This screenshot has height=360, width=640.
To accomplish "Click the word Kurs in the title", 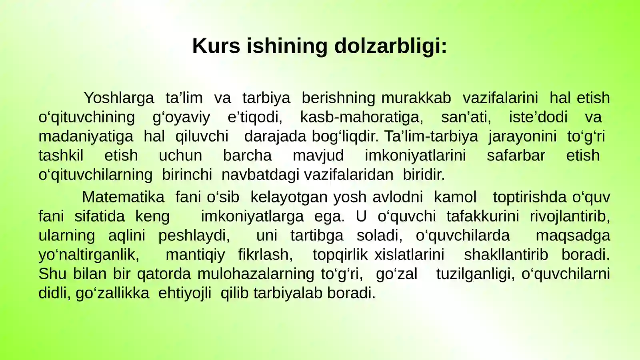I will point(216,46).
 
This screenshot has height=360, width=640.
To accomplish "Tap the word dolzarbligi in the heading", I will point(390,46).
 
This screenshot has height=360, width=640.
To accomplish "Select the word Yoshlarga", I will point(119,98).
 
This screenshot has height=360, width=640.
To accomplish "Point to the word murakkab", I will point(416,98).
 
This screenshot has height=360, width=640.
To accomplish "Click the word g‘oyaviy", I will point(181,117).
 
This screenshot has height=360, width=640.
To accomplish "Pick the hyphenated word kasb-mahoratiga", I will point(362,117).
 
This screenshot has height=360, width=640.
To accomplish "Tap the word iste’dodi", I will point(538,117).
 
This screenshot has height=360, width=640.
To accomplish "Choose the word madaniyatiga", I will point(86,136).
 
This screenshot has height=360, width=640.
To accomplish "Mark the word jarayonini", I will point(522,136).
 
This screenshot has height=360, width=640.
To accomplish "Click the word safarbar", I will point(516,156).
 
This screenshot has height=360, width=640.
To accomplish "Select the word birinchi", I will point(187,175).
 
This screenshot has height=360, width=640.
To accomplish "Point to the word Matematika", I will point(123,197).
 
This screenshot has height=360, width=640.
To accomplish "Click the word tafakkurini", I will point(482,216).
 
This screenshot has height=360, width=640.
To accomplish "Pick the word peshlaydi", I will point(194,236).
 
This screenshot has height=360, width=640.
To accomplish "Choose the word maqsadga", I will point(573,236).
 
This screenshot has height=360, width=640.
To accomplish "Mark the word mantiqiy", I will point(195,255).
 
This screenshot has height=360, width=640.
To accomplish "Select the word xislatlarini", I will point(409,255).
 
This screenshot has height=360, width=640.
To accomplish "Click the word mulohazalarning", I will point(256,274).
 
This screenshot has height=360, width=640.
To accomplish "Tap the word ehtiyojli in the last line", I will point(185,293).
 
